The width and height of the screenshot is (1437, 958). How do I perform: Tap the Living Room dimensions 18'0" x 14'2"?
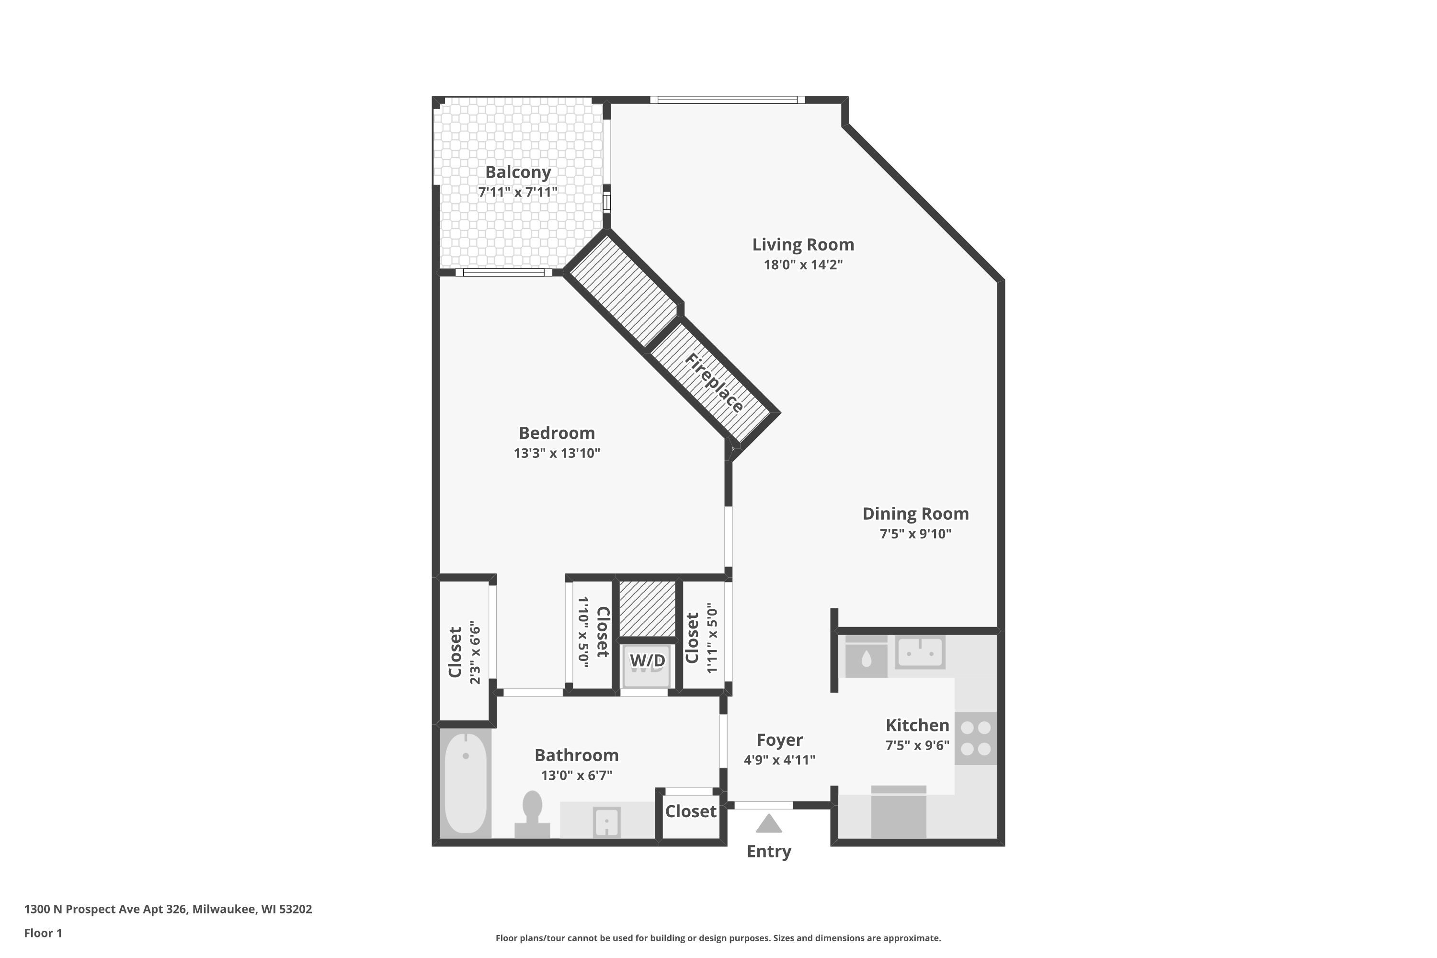803,264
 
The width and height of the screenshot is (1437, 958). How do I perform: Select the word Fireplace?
714,383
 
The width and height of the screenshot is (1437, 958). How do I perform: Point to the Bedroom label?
557,433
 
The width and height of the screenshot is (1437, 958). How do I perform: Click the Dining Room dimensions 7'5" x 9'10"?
915,534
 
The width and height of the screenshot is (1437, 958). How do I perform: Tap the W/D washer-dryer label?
647,661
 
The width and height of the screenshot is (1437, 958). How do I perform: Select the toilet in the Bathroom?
532,814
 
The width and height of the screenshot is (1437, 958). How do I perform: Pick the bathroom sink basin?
607,822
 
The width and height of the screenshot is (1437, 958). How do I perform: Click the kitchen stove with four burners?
976,738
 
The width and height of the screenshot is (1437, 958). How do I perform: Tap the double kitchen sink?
920,652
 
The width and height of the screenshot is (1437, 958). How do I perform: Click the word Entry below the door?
769,851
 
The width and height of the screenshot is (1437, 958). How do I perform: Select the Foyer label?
780,740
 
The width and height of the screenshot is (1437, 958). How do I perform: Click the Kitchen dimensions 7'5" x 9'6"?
917,745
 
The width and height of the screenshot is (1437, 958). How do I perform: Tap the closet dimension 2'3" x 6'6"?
475,653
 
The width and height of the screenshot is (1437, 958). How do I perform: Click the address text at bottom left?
168,909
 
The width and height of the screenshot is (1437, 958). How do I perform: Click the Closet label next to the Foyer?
690,811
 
